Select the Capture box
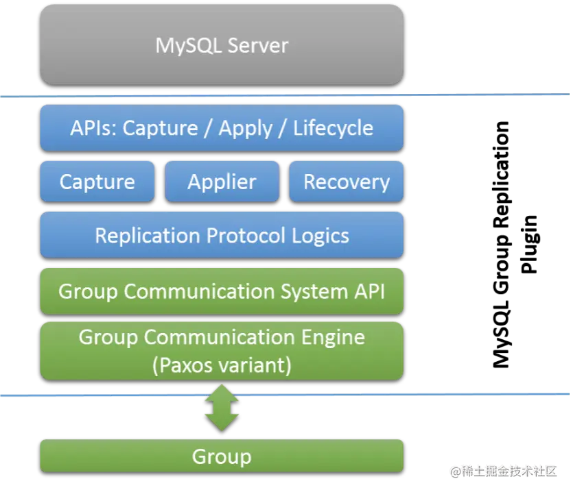click(x=97, y=182)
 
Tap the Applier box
click(x=222, y=182)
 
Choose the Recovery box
click(x=346, y=182)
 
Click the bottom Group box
click(x=221, y=457)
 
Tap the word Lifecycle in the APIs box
click(x=333, y=128)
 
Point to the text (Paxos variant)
click(x=222, y=365)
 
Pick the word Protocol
click(x=245, y=236)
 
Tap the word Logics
click(x=320, y=236)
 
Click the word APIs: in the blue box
click(x=94, y=128)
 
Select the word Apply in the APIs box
click(x=245, y=128)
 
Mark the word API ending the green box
click(x=370, y=291)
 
